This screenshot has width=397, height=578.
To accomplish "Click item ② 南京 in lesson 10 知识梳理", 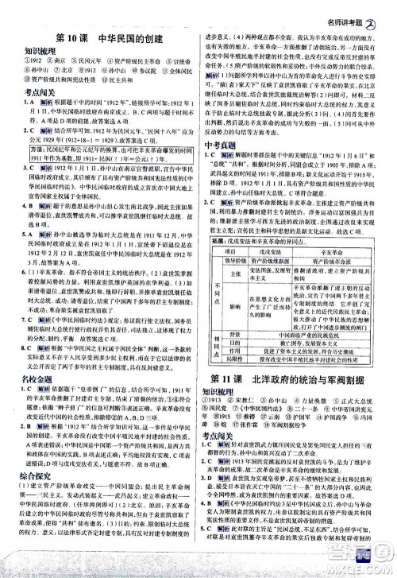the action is pyautogui.click(x=40, y=70).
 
